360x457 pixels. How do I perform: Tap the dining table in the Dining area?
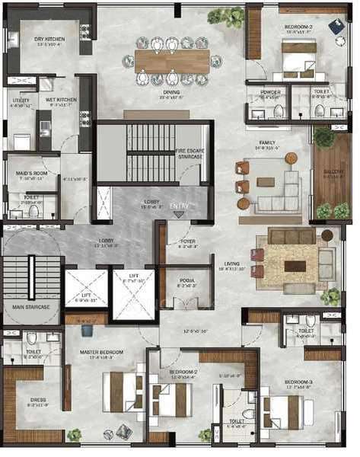coord(172,61)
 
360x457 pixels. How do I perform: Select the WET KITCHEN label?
coord(61,100)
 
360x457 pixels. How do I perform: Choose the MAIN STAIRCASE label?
coord(31,307)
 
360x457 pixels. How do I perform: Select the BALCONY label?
coord(332,173)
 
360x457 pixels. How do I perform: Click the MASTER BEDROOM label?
coord(101,352)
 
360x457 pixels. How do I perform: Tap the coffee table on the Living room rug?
coord(295,266)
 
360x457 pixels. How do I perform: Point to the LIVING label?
coord(231,264)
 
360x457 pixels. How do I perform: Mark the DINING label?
coord(170,92)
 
